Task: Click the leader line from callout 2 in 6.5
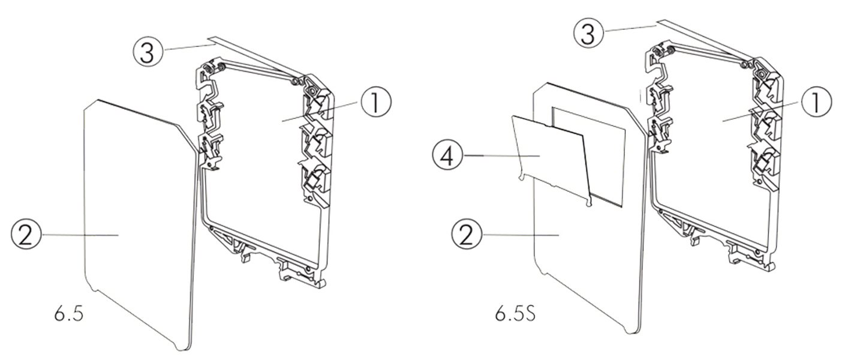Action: point(78,235)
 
